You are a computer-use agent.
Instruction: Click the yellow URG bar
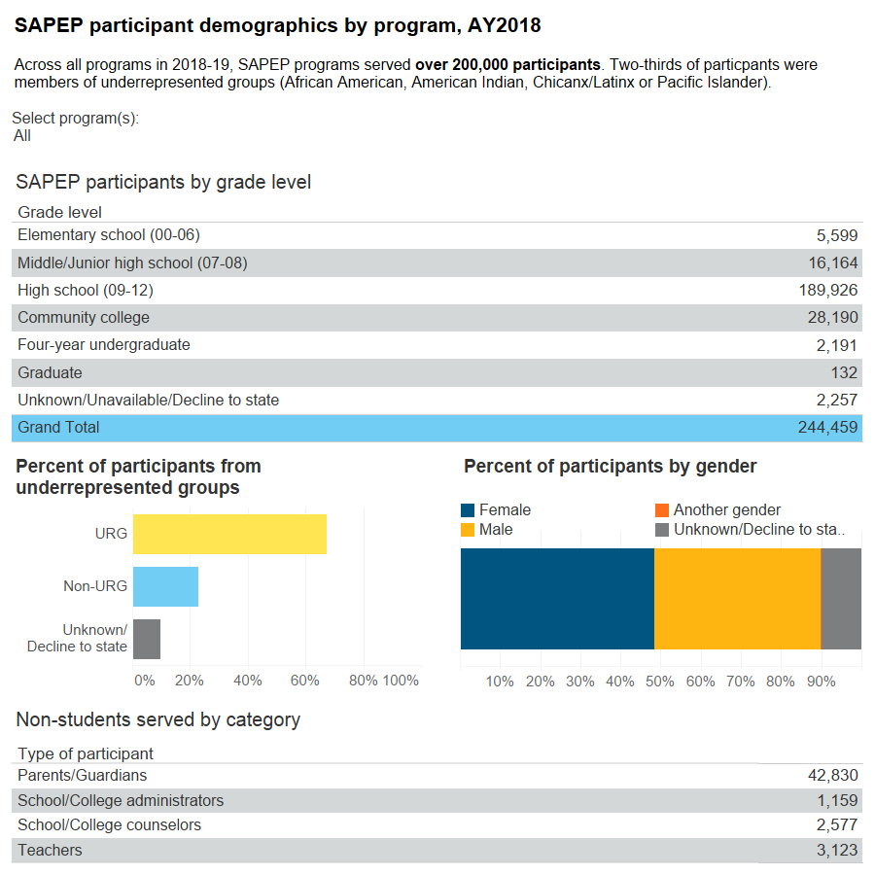coord(229,534)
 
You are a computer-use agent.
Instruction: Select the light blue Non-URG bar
coord(165,587)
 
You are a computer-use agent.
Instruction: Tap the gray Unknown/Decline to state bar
coord(147,639)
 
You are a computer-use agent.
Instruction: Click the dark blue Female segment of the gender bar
coord(557,599)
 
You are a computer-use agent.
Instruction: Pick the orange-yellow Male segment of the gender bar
coord(737,599)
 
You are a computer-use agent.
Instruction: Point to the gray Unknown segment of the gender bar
coord(842,599)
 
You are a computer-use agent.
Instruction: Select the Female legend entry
coord(505,510)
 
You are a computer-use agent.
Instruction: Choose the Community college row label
coord(84,318)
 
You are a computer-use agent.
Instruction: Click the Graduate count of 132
coord(844,373)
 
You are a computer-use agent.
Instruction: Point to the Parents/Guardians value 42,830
coord(831,776)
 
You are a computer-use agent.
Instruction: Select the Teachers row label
coord(50,851)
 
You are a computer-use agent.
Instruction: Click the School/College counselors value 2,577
coord(836,825)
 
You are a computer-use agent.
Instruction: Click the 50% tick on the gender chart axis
coord(660,682)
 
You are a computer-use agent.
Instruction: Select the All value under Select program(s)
coord(22,136)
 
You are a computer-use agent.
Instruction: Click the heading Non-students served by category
coord(157,720)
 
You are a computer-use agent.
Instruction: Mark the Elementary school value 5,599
coord(836,235)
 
